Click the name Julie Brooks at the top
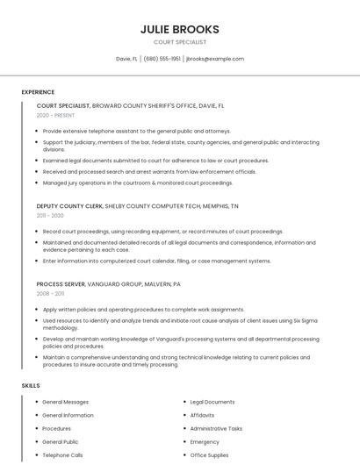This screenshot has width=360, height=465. pos(180,29)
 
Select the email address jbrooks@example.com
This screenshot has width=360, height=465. pos(215,59)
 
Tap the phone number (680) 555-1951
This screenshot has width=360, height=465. pos(162,59)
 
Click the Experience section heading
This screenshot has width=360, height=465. pos(38,91)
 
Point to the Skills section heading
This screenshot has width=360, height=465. pos(31,385)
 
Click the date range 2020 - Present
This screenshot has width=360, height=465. pos(55,115)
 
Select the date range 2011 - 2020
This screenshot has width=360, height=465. pos(50,215)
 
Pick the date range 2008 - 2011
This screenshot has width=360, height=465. pos(50,294)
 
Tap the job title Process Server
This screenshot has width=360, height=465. pos(59,284)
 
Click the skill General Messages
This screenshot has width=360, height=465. pos(65,402)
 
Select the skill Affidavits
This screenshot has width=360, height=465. pos(203,415)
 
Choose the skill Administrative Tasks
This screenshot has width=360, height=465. pos(216,428)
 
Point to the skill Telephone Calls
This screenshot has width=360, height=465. pos(62,455)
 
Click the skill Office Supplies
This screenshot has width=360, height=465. pos(209,455)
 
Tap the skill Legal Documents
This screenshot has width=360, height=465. pos(212,402)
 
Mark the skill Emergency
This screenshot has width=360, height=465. pos(205,442)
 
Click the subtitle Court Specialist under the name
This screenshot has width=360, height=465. pos(180,41)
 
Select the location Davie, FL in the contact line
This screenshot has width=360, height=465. pos(127,59)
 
